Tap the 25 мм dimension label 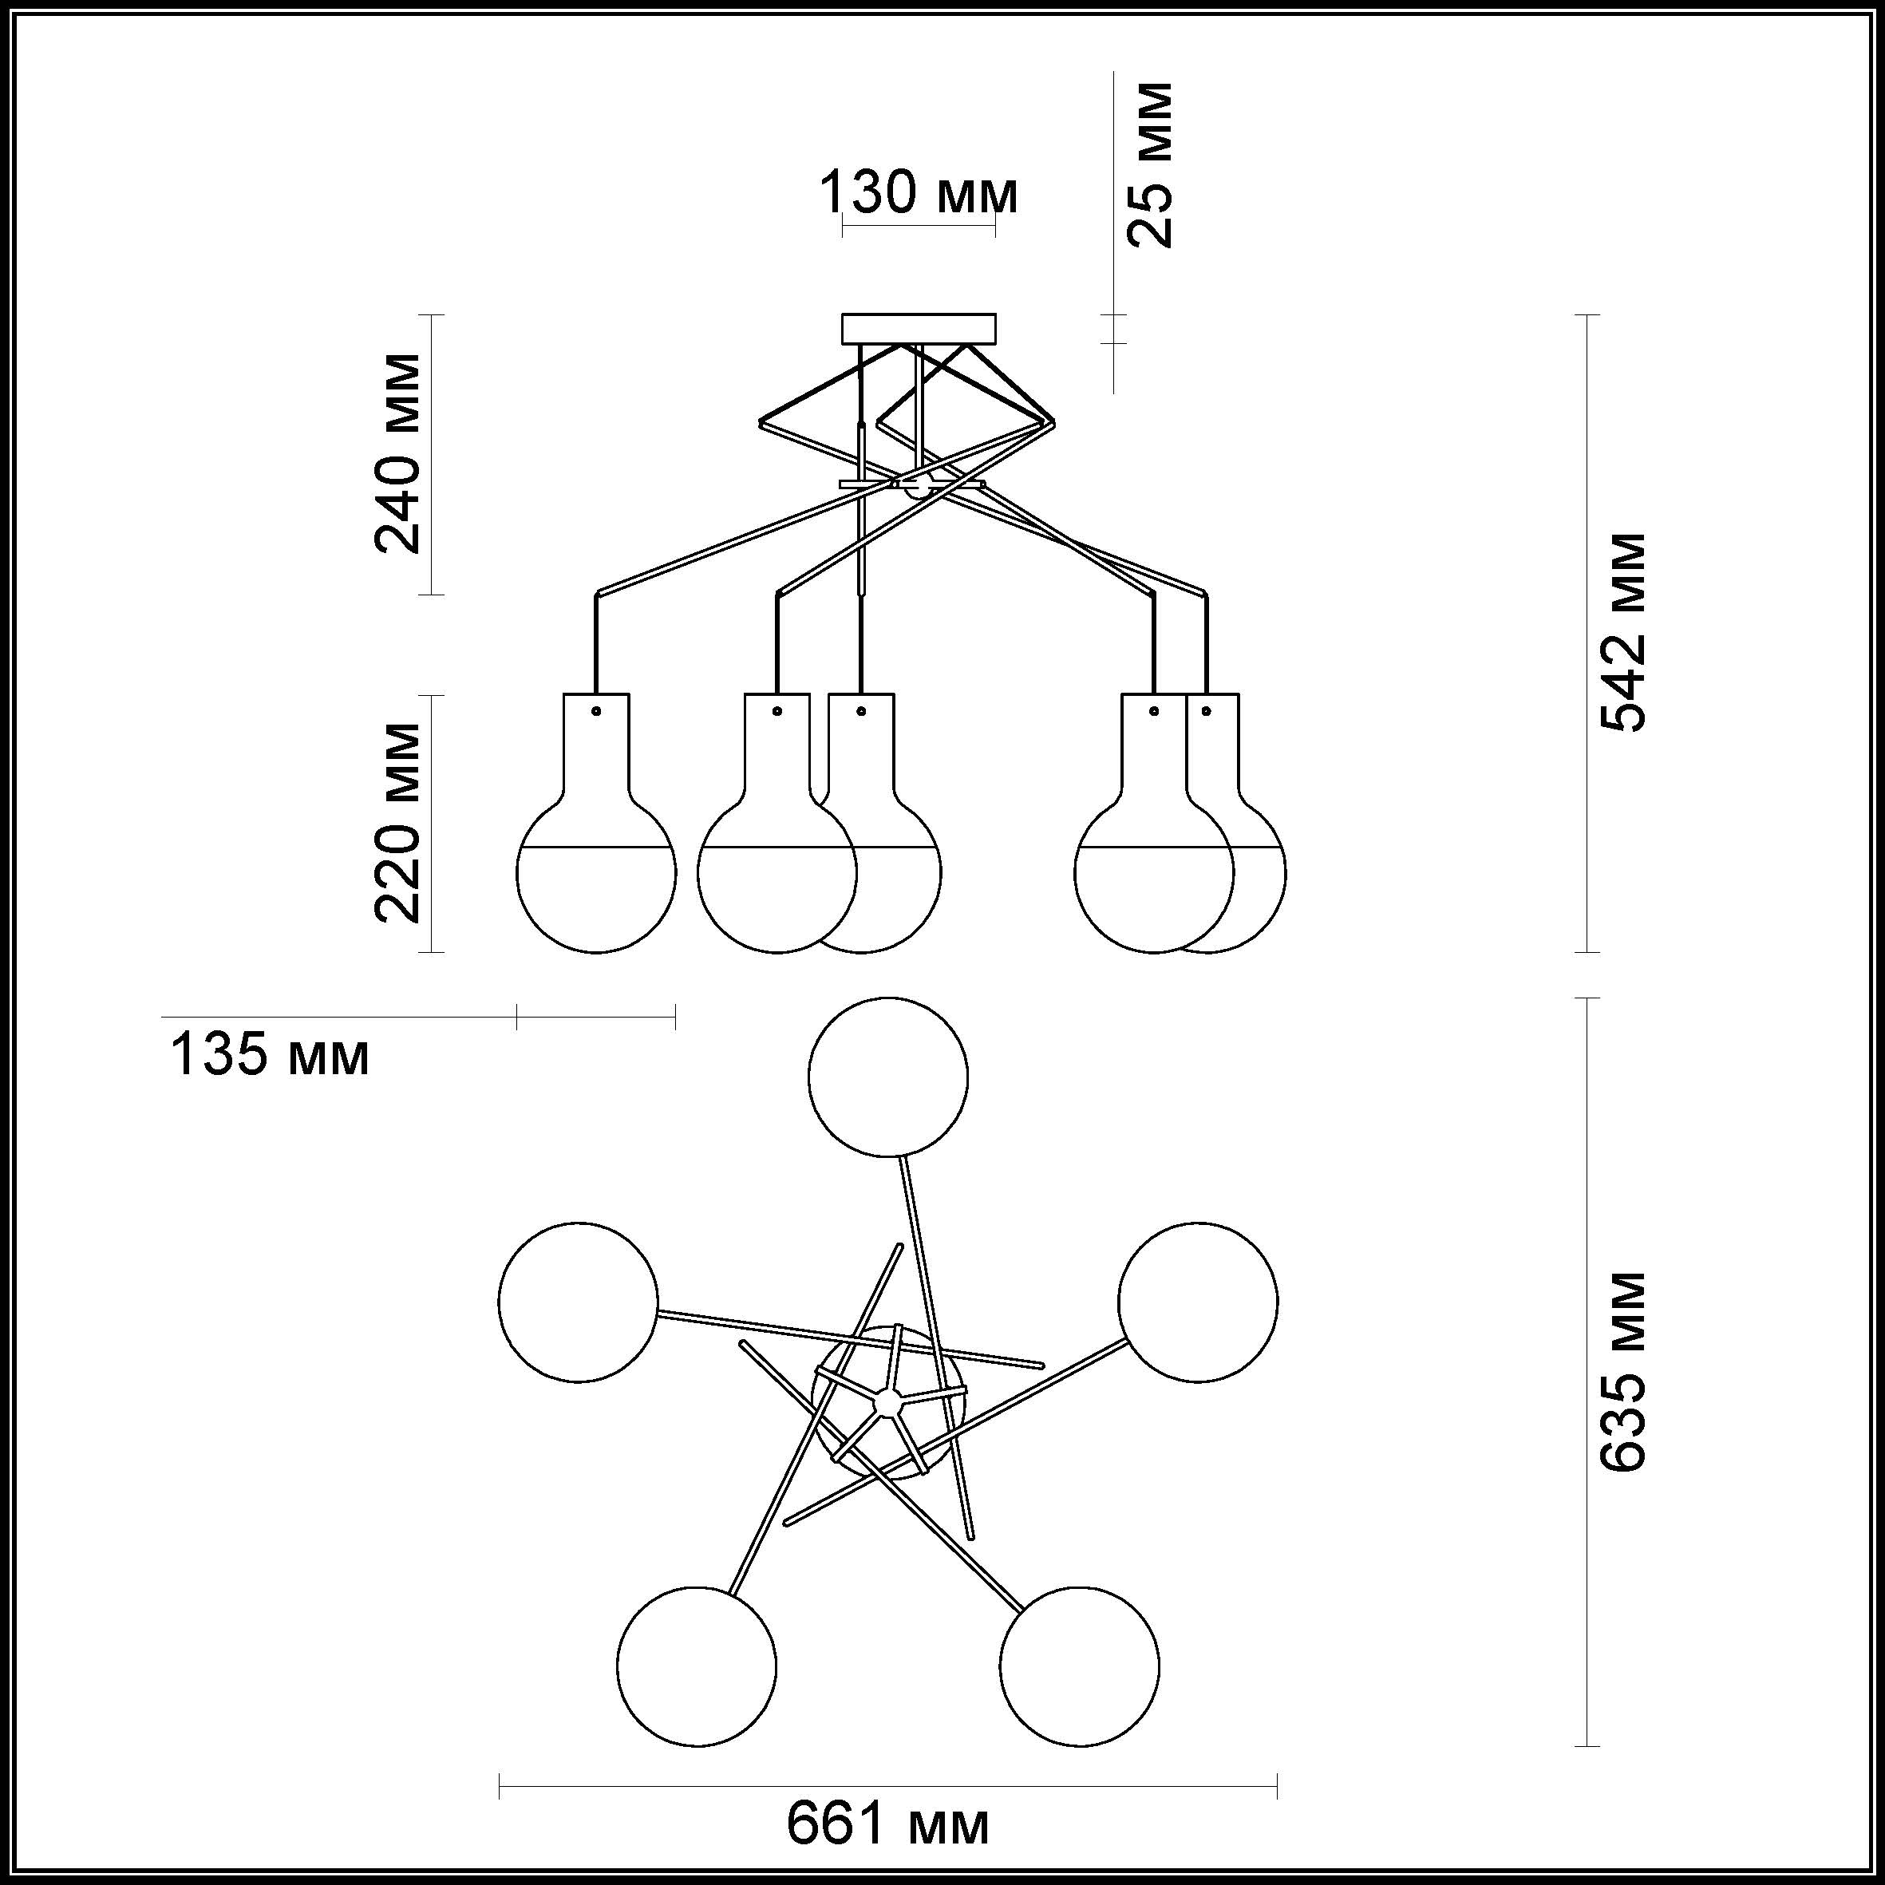point(1148,165)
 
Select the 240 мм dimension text point(399,452)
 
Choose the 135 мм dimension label point(271,1055)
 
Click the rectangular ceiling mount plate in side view point(919,329)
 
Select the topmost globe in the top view point(888,1076)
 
